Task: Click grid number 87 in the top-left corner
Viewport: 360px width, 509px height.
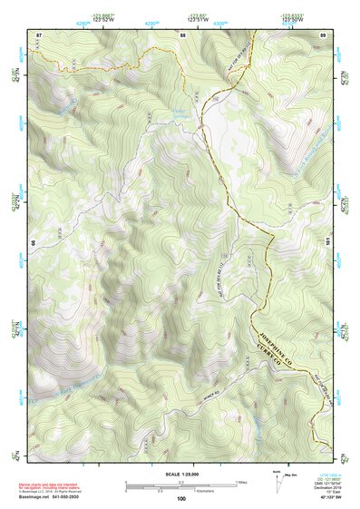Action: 39,34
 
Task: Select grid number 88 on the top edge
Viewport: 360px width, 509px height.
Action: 182,34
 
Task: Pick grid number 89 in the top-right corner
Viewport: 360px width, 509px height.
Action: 322,34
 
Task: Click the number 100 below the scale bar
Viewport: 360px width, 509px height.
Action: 180,498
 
